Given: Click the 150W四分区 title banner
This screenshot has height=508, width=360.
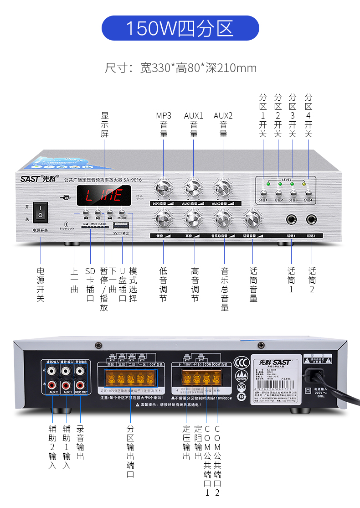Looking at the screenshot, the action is coord(180,28).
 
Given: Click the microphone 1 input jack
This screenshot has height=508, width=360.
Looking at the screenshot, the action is coord(291,220).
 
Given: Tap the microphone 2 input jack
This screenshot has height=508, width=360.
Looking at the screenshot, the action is coord(312,220).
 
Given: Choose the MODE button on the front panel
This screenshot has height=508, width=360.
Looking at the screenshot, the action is coord(122,212).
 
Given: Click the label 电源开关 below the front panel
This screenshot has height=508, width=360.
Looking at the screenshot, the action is coord(41,285).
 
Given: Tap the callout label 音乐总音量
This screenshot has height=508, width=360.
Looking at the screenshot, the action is coord(225,289).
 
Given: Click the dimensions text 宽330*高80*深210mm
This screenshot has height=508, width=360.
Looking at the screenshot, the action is coord(180,68).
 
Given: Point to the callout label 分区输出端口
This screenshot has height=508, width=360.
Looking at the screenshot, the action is coord(130,451).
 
